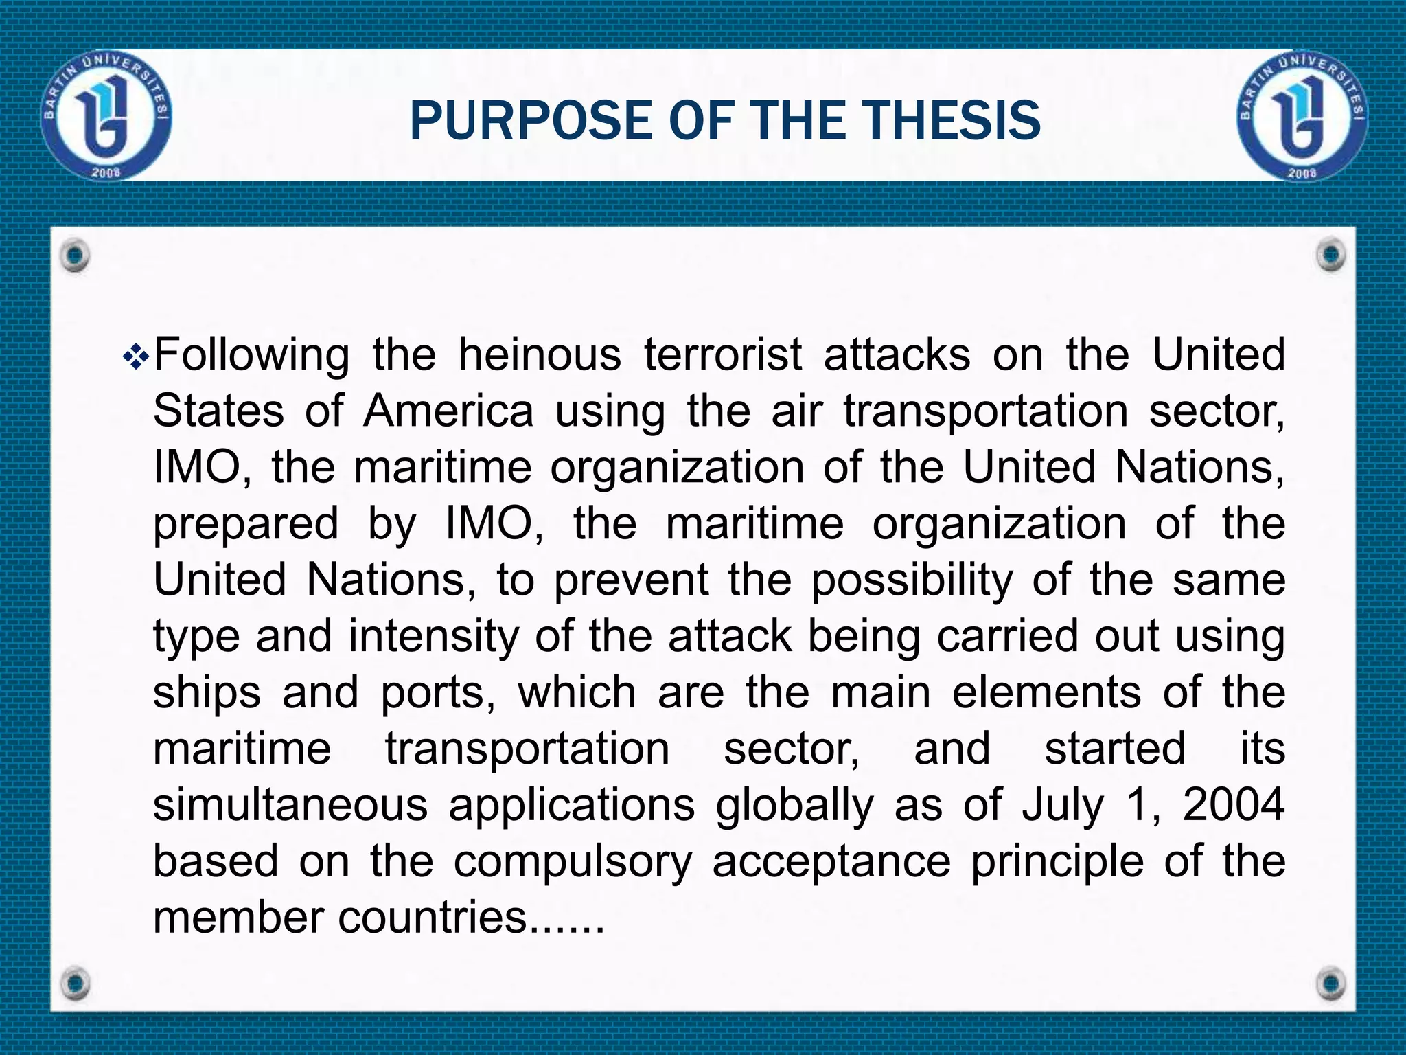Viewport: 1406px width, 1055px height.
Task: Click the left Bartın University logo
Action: tap(106, 115)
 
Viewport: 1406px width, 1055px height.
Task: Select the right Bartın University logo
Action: tap(1302, 115)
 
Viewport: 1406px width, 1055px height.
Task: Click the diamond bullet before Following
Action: tap(135, 357)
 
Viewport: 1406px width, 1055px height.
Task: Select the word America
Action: tap(448, 411)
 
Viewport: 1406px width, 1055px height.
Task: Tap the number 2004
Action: tap(1234, 804)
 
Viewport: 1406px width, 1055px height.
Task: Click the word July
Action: tap(1063, 804)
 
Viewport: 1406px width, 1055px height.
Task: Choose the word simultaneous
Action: tap(290, 804)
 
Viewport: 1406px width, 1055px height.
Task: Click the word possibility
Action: tap(912, 580)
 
